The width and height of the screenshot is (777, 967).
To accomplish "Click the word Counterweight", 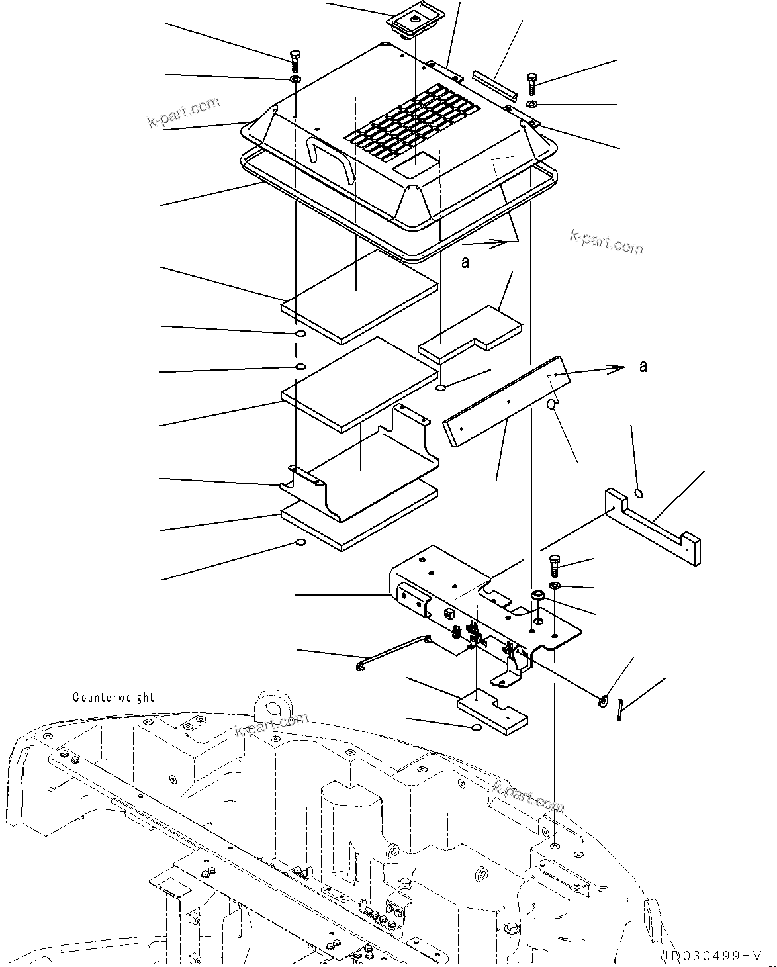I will pyautogui.click(x=113, y=697).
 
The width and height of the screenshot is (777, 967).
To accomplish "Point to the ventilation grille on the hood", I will pyautogui.click(x=413, y=124).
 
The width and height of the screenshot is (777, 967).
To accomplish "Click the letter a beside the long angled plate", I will pyautogui.click(x=643, y=366).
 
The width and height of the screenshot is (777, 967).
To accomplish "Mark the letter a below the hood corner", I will pyautogui.click(x=465, y=263).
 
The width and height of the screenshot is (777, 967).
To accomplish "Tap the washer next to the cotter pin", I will pyautogui.click(x=604, y=700).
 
